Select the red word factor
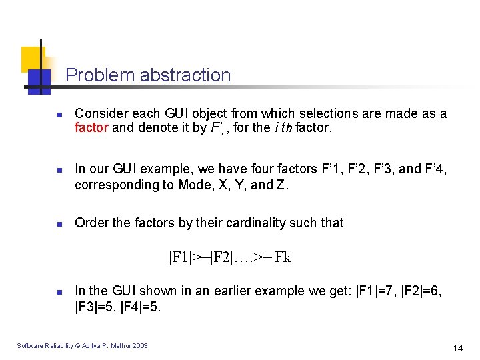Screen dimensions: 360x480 [91, 127]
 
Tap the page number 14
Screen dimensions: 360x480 [457, 347]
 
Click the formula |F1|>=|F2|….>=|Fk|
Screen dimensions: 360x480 [231, 257]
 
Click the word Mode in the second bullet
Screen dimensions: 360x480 [193, 185]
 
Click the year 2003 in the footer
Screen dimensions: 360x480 [141, 345]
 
